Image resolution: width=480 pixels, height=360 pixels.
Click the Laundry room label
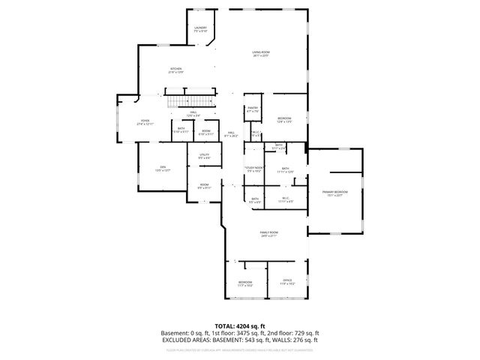click(x=200, y=29)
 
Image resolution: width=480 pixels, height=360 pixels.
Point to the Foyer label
click(x=145, y=121)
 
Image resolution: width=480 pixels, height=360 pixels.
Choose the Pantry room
click(x=253, y=110)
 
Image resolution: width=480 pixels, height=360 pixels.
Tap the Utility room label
click(x=204, y=156)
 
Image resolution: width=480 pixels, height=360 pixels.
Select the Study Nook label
click(x=253, y=169)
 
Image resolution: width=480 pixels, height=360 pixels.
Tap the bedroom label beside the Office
click(x=245, y=283)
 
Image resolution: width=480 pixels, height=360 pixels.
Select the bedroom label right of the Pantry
click(x=285, y=119)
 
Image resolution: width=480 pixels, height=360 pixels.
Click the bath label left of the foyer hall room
click(x=182, y=130)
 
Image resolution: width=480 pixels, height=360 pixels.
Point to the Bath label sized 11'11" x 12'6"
click(x=285, y=169)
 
